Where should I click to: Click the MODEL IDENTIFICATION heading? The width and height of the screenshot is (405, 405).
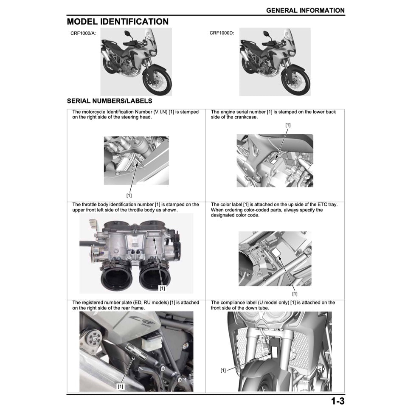tap(118, 22)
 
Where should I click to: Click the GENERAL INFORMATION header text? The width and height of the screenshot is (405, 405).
tap(305, 10)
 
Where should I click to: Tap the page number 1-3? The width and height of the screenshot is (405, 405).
tap(337, 400)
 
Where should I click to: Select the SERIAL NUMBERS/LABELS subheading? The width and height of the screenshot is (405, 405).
tap(110, 101)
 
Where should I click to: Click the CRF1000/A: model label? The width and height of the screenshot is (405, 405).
tap(83, 33)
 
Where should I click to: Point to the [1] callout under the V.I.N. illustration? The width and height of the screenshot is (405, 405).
tap(129, 195)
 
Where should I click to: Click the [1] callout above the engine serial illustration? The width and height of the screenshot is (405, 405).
tap(288, 125)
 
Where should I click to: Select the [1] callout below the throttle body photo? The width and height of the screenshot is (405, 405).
tap(162, 288)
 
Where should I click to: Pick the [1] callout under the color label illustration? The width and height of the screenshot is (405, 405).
tap(295, 293)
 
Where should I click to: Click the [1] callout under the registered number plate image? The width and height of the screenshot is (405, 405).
tap(121, 386)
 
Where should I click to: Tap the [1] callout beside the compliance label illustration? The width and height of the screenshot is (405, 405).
tap(223, 370)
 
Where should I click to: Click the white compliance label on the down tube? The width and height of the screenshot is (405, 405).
tap(275, 351)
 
